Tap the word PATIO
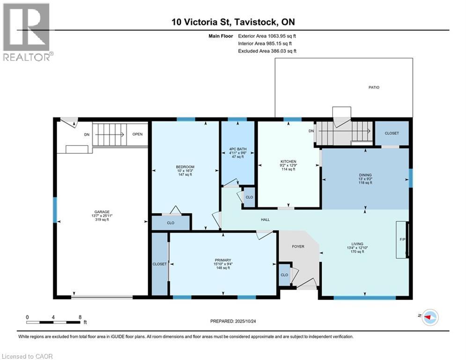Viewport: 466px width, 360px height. point(373,87)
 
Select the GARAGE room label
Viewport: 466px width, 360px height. point(101,211)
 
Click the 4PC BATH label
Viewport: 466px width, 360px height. point(237,150)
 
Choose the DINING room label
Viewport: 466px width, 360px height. point(365,175)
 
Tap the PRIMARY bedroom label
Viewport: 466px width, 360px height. point(222,260)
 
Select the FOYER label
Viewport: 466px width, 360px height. point(298,246)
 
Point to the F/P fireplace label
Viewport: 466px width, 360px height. point(402,239)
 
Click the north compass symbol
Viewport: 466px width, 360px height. point(429,317)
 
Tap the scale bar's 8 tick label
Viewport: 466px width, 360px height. point(80,317)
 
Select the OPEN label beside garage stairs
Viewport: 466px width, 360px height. point(137,134)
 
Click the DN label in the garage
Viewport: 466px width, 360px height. point(87,135)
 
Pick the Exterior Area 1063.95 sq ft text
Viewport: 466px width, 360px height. point(267,36)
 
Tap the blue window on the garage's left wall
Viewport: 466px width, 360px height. point(55,210)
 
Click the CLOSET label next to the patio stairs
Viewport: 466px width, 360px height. point(392,133)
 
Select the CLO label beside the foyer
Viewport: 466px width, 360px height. point(284,275)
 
